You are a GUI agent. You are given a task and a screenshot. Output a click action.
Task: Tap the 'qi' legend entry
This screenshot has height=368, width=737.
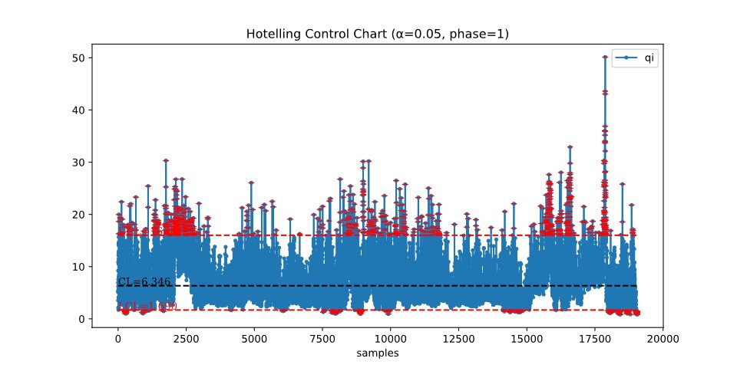(x=649, y=58)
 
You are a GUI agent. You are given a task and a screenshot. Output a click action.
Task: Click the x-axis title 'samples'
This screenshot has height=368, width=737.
(x=376, y=353)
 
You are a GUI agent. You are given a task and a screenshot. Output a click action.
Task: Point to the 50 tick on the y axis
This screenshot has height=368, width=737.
(x=78, y=58)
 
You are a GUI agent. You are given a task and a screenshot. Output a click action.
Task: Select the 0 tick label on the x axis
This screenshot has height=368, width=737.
(x=117, y=338)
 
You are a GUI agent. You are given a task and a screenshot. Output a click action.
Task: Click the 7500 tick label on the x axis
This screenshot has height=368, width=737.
(x=322, y=338)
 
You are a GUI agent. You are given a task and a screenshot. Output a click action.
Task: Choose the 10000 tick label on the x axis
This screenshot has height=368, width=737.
(x=390, y=338)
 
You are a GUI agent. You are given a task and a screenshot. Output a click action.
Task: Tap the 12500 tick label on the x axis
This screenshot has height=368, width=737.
(x=458, y=338)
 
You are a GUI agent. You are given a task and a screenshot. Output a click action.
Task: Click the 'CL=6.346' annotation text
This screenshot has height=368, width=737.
(x=144, y=282)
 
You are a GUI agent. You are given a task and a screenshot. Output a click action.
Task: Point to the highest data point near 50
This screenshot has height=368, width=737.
(x=605, y=58)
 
